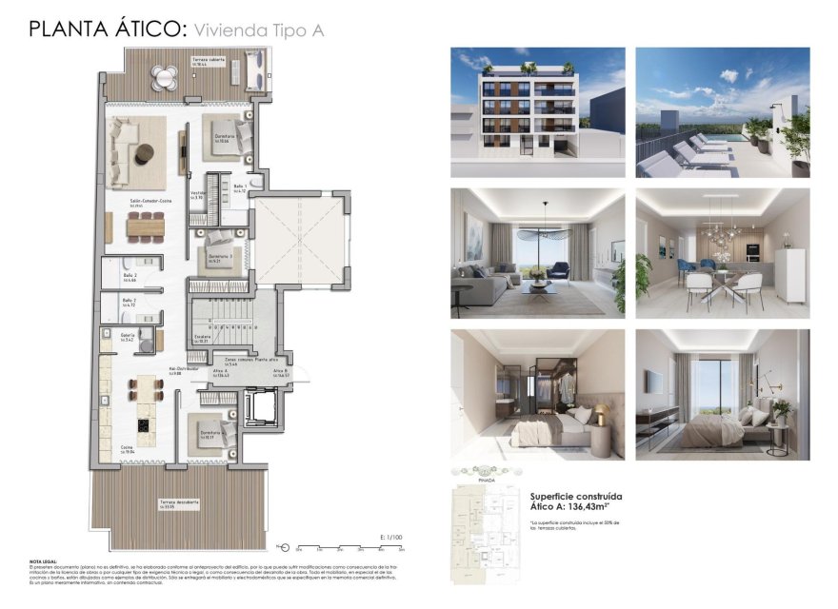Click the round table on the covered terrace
[168, 77]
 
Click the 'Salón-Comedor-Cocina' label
[150, 201]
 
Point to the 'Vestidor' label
[198, 192]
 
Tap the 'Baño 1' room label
[240, 187]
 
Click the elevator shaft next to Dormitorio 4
[258, 407]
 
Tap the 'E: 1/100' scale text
[390, 538]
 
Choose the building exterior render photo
[537, 112]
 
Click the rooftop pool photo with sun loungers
[722, 112]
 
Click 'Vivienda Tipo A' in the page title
[258, 30]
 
